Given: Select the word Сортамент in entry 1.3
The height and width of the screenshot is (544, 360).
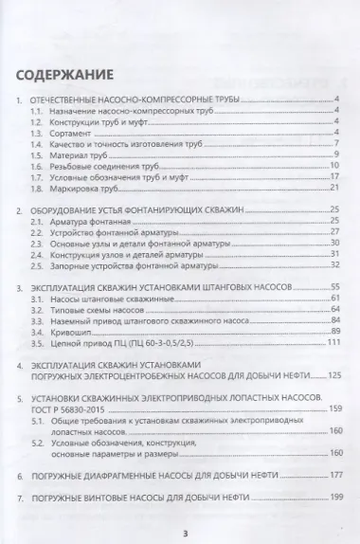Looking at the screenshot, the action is point(63,136).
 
